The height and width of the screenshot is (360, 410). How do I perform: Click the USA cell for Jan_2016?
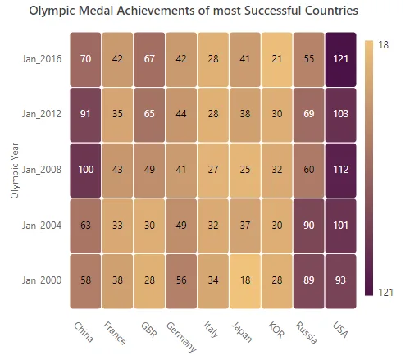click(340, 59)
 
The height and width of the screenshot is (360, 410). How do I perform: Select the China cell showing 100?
click(85, 171)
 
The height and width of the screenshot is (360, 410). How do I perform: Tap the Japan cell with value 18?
click(245, 281)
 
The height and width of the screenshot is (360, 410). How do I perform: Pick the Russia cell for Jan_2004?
click(309, 226)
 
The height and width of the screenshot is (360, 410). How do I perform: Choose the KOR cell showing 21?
click(277, 59)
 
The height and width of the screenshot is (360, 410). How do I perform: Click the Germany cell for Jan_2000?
click(181, 281)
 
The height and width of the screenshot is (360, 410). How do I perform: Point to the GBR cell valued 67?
click(149, 59)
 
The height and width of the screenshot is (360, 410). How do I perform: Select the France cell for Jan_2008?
click(117, 171)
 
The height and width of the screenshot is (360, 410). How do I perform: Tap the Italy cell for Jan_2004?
click(213, 226)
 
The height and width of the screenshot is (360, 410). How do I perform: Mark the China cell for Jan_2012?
click(85, 115)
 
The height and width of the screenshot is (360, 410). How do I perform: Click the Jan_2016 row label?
click(42, 59)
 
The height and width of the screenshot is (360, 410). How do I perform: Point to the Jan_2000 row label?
click(42, 280)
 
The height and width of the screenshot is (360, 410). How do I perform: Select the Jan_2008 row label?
click(42, 170)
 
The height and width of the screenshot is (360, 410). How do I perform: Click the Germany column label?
click(181, 337)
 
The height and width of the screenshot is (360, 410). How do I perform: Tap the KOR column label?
click(276, 330)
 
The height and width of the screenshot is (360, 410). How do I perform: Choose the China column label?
click(84, 332)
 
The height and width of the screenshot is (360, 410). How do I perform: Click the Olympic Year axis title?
click(15, 171)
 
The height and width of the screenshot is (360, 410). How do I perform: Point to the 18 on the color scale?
click(384, 44)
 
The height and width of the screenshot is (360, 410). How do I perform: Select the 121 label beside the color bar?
click(386, 292)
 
